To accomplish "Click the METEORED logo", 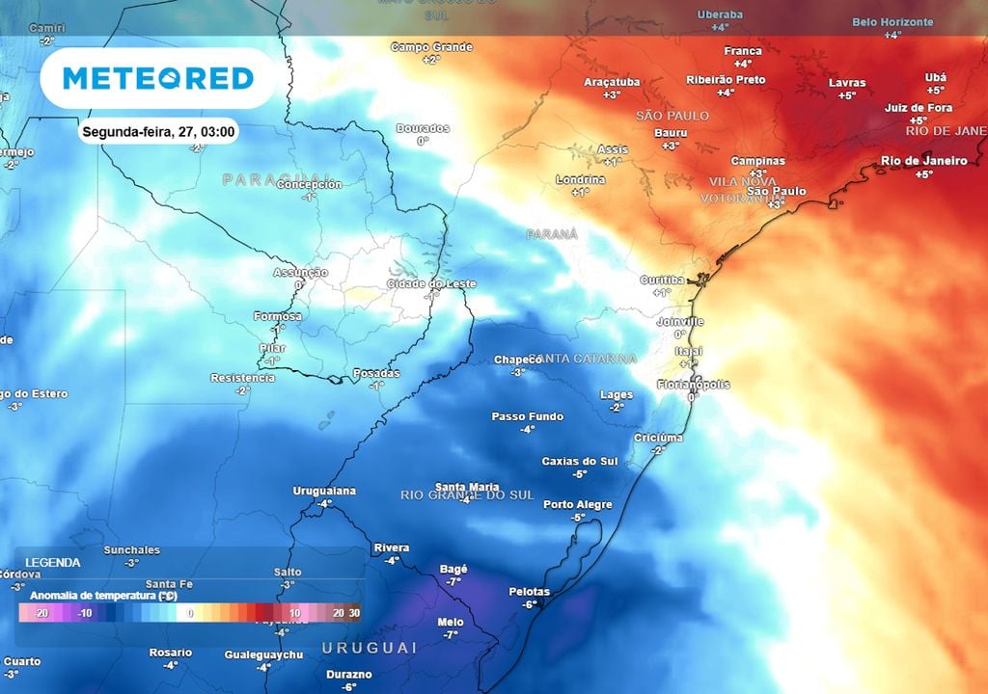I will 158,78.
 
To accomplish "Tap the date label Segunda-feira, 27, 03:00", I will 159,132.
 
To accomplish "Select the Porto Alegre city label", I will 578,504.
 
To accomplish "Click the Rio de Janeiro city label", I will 924,161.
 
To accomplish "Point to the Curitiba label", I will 662,280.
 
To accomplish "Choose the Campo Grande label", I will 431,47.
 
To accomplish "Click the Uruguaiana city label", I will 324,491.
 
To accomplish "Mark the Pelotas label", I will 529,592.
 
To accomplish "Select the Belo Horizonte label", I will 892,22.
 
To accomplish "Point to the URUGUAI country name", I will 370,647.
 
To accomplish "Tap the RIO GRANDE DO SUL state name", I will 467,494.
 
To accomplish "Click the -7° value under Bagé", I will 453,582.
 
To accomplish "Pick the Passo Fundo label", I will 527,416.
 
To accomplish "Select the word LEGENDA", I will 53,562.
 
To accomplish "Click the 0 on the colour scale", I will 191,613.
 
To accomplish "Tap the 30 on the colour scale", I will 355,613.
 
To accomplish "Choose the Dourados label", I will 423,128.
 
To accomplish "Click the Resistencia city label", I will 242,378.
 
